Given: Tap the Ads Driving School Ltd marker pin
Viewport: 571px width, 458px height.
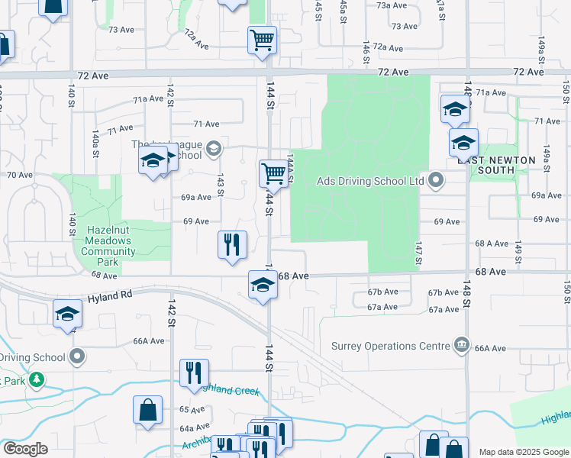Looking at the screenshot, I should tap(436, 181).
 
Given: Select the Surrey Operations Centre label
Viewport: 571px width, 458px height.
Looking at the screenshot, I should tap(390, 346).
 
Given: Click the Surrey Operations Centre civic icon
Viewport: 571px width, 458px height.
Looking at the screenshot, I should tap(461, 346).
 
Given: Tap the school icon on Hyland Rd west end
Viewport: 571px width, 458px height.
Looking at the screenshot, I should tap(67, 314).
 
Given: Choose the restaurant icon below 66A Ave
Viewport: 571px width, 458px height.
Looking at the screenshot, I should tap(194, 373).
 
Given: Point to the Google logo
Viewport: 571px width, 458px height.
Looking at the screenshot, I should tap(25, 449).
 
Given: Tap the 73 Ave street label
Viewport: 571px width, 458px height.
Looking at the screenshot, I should tap(121, 30).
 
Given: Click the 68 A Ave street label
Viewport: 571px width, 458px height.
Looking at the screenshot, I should tap(492, 244).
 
